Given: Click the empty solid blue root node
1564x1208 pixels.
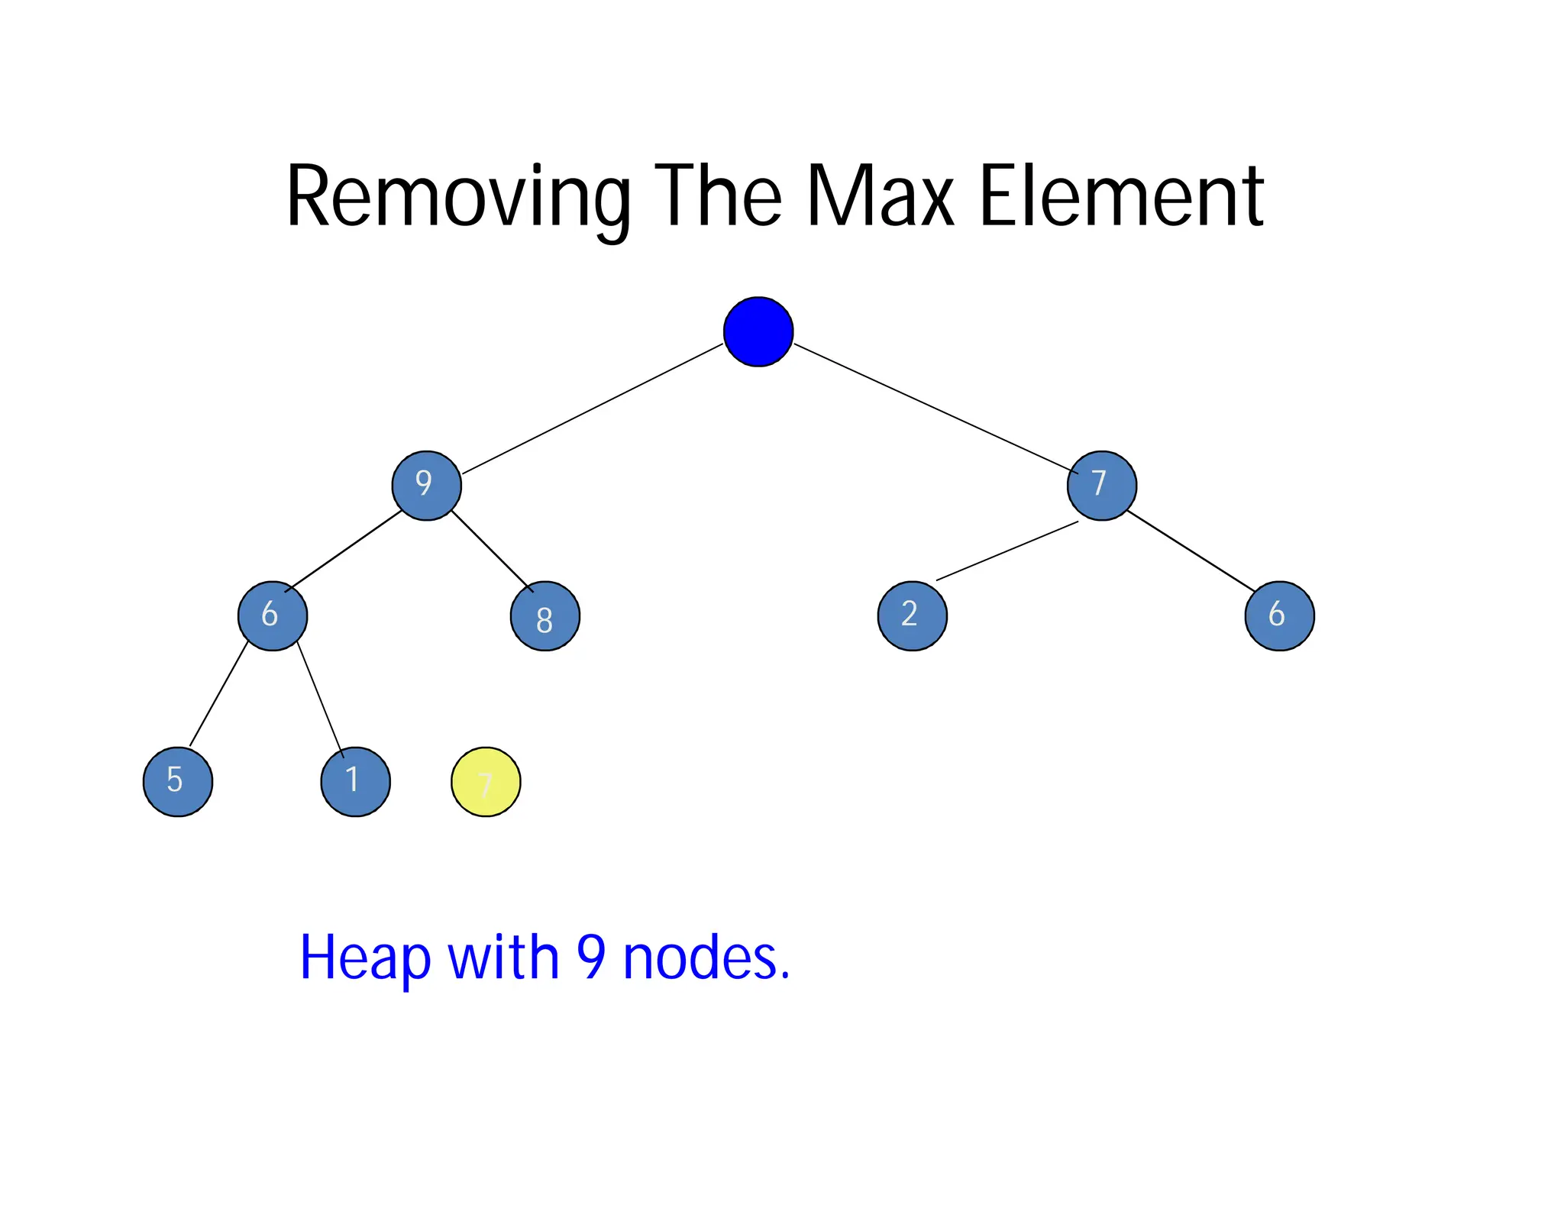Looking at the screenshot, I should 758,331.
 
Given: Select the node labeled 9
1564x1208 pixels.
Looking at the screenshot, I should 426,485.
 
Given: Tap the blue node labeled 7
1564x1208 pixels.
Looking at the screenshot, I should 1101,485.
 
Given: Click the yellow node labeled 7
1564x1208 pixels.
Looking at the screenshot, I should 486,781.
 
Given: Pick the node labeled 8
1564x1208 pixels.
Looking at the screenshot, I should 544,615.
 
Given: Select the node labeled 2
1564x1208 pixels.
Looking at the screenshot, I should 912,615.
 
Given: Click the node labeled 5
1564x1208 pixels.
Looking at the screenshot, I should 178,781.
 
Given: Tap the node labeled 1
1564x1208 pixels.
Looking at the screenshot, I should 355,781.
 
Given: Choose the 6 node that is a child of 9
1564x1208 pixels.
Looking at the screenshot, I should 273,615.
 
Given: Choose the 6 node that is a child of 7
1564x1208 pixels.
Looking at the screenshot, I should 1279,615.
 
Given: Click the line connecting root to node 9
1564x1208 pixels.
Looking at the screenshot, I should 592,409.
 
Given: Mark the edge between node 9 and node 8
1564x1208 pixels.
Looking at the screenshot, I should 492,551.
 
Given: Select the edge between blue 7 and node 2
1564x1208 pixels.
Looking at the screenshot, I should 1007,551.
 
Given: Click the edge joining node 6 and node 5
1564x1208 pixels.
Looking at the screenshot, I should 218,694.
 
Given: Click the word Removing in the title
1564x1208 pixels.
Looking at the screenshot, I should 458,197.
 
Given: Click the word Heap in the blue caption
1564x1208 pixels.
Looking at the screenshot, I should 365,958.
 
